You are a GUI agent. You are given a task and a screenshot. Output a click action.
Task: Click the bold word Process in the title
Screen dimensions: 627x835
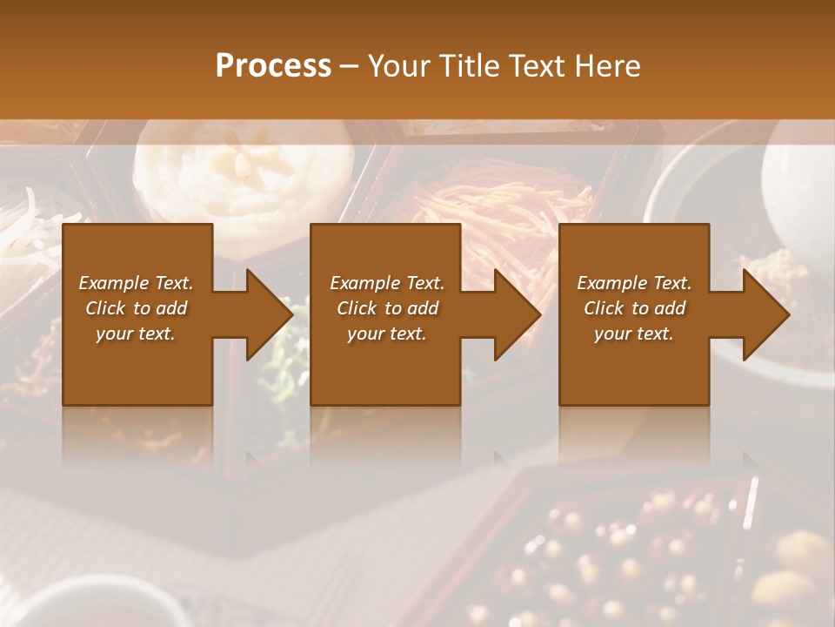click(x=273, y=66)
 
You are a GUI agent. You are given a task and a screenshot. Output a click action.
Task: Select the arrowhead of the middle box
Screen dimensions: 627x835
click(x=517, y=314)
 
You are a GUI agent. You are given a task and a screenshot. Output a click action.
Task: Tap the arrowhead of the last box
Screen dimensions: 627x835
click(x=765, y=314)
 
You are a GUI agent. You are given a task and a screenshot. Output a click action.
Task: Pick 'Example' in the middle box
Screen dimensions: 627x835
click(x=363, y=283)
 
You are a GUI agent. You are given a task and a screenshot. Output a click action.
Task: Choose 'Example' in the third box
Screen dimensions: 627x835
click(x=610, y=283)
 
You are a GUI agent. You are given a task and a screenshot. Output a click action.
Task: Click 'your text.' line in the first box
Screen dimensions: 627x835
click(x=136, y=334)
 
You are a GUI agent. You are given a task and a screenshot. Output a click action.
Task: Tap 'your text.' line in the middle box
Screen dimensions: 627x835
click(x=387, y=334)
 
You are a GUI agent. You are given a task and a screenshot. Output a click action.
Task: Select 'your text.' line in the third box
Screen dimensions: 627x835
click(x=634, y=334)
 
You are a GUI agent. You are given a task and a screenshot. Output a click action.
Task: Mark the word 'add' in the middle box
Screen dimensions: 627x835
click(x=424, y=308)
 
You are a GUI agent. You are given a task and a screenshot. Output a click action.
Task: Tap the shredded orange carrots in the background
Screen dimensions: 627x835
click(x=504, y=209)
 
